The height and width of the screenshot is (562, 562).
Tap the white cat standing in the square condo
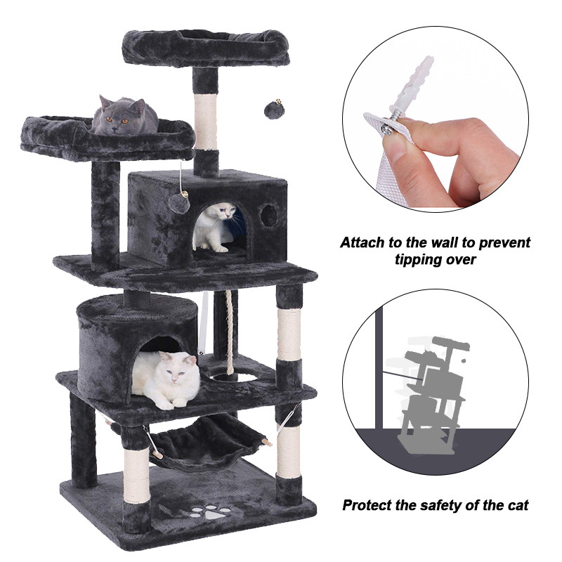(x=214, y=226)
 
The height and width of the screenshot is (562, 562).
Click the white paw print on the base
(x=210, y=513)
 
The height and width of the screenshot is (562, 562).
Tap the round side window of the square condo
(x=269, y=216)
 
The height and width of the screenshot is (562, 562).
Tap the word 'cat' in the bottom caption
(x=518, y=505)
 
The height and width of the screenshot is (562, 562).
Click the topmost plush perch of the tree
(x=205, y=48)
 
